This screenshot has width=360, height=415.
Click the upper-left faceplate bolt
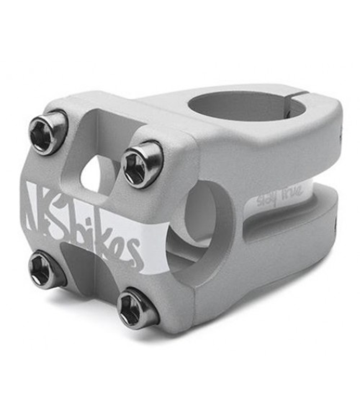click(x=47, y=132)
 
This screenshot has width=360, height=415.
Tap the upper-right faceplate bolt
click(x=141, y=164)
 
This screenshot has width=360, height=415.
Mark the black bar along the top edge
click(x=180, y=14)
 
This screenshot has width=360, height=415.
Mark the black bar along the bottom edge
click(x=180, y=401)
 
